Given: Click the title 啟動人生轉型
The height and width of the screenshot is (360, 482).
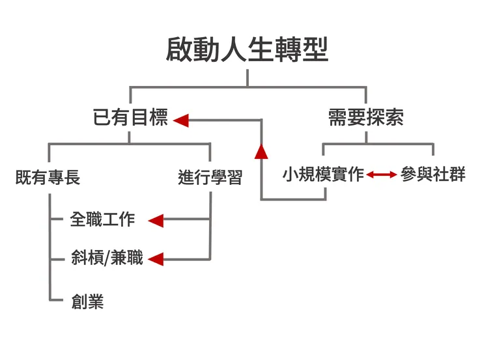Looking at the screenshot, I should coord(247,49).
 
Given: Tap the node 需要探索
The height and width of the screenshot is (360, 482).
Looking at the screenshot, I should coord(365,118).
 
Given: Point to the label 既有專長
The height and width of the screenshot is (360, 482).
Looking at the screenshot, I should coord(48,177).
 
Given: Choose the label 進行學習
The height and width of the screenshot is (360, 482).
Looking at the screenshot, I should coord(210,177).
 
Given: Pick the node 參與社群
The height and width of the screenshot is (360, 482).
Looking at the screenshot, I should coord(433,175).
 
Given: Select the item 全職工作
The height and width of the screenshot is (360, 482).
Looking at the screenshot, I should coord(103,219).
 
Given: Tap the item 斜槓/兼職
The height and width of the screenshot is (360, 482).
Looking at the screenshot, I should coord(107,258).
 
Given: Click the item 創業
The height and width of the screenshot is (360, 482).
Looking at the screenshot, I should coord(87,302).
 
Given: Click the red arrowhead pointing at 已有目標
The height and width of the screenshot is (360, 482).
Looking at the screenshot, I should coord(181,120).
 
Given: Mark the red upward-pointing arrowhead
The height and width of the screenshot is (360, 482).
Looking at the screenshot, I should coord(261,151).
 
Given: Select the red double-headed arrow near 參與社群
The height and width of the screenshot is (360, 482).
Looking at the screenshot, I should coord(382,174).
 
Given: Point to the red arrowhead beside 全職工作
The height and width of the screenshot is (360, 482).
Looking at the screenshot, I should coord(156,221).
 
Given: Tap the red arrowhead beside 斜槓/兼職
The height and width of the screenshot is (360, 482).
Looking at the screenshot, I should coord(155,260).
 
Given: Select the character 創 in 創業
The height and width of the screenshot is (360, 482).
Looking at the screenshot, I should coord(79,302).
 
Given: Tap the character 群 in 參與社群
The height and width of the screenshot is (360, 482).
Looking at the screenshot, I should coord(457,175).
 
